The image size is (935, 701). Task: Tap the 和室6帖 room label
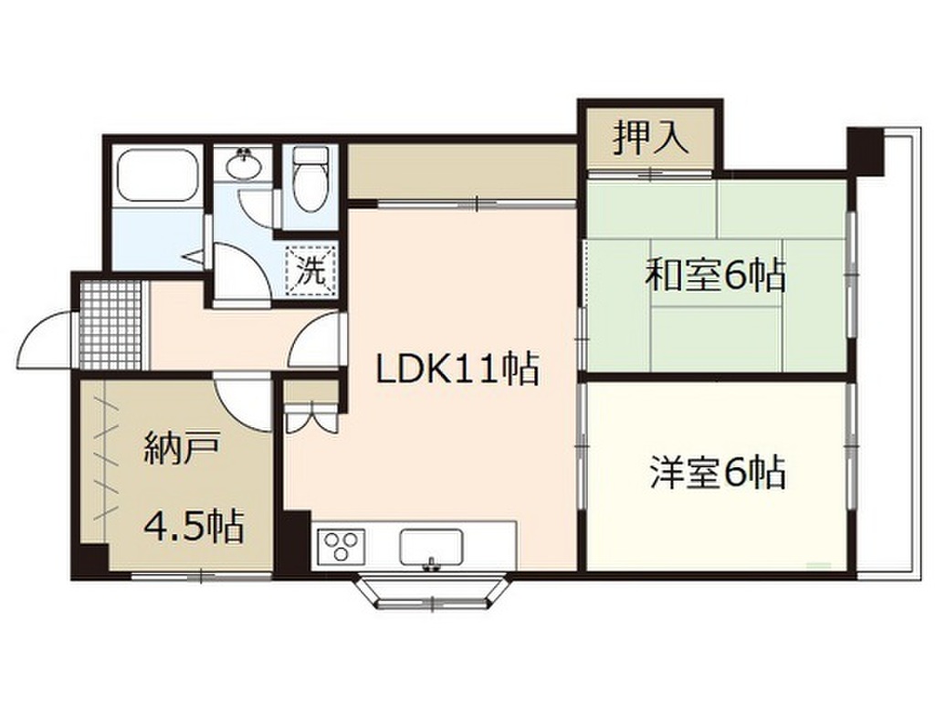715,274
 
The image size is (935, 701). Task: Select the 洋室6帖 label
718,473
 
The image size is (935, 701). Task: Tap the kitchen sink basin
431,548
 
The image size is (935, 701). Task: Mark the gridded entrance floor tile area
110,325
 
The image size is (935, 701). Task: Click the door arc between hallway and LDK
315,342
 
